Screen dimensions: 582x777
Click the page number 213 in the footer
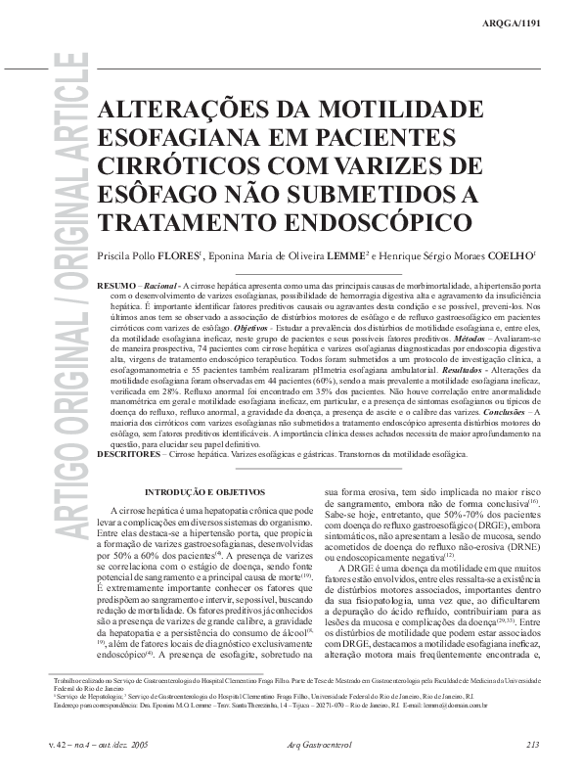(532, 745)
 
